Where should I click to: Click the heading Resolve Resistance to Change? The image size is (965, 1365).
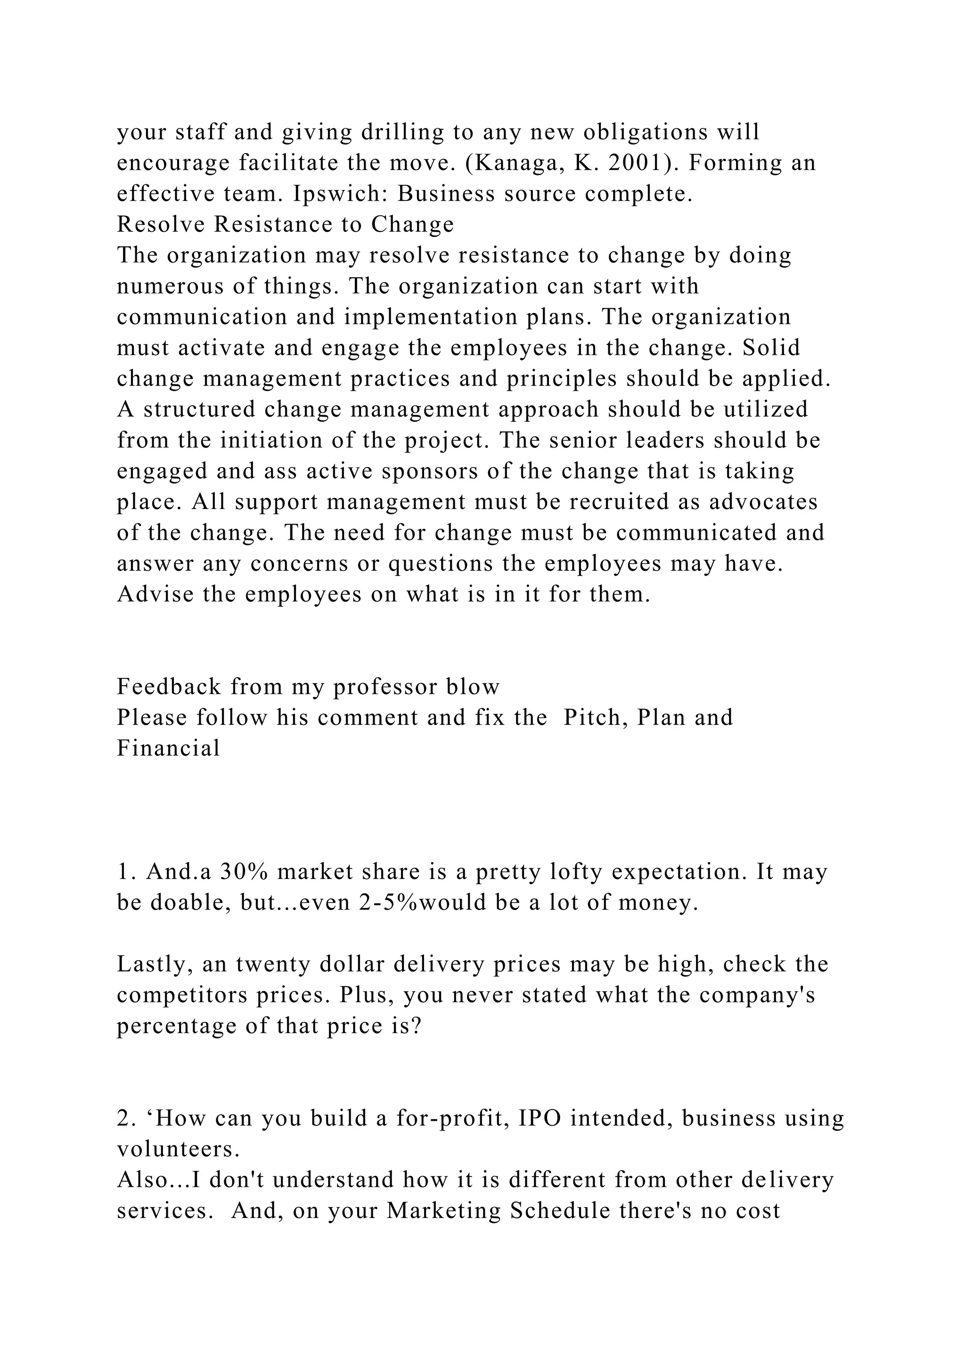[x=285, y=225]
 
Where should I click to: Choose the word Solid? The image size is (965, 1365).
[x=771, y=348]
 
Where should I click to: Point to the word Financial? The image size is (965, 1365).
[x=168, y=748]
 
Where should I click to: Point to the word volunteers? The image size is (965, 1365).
[x=178, y=1149]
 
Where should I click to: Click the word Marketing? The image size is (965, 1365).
[x=444, y=1211]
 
